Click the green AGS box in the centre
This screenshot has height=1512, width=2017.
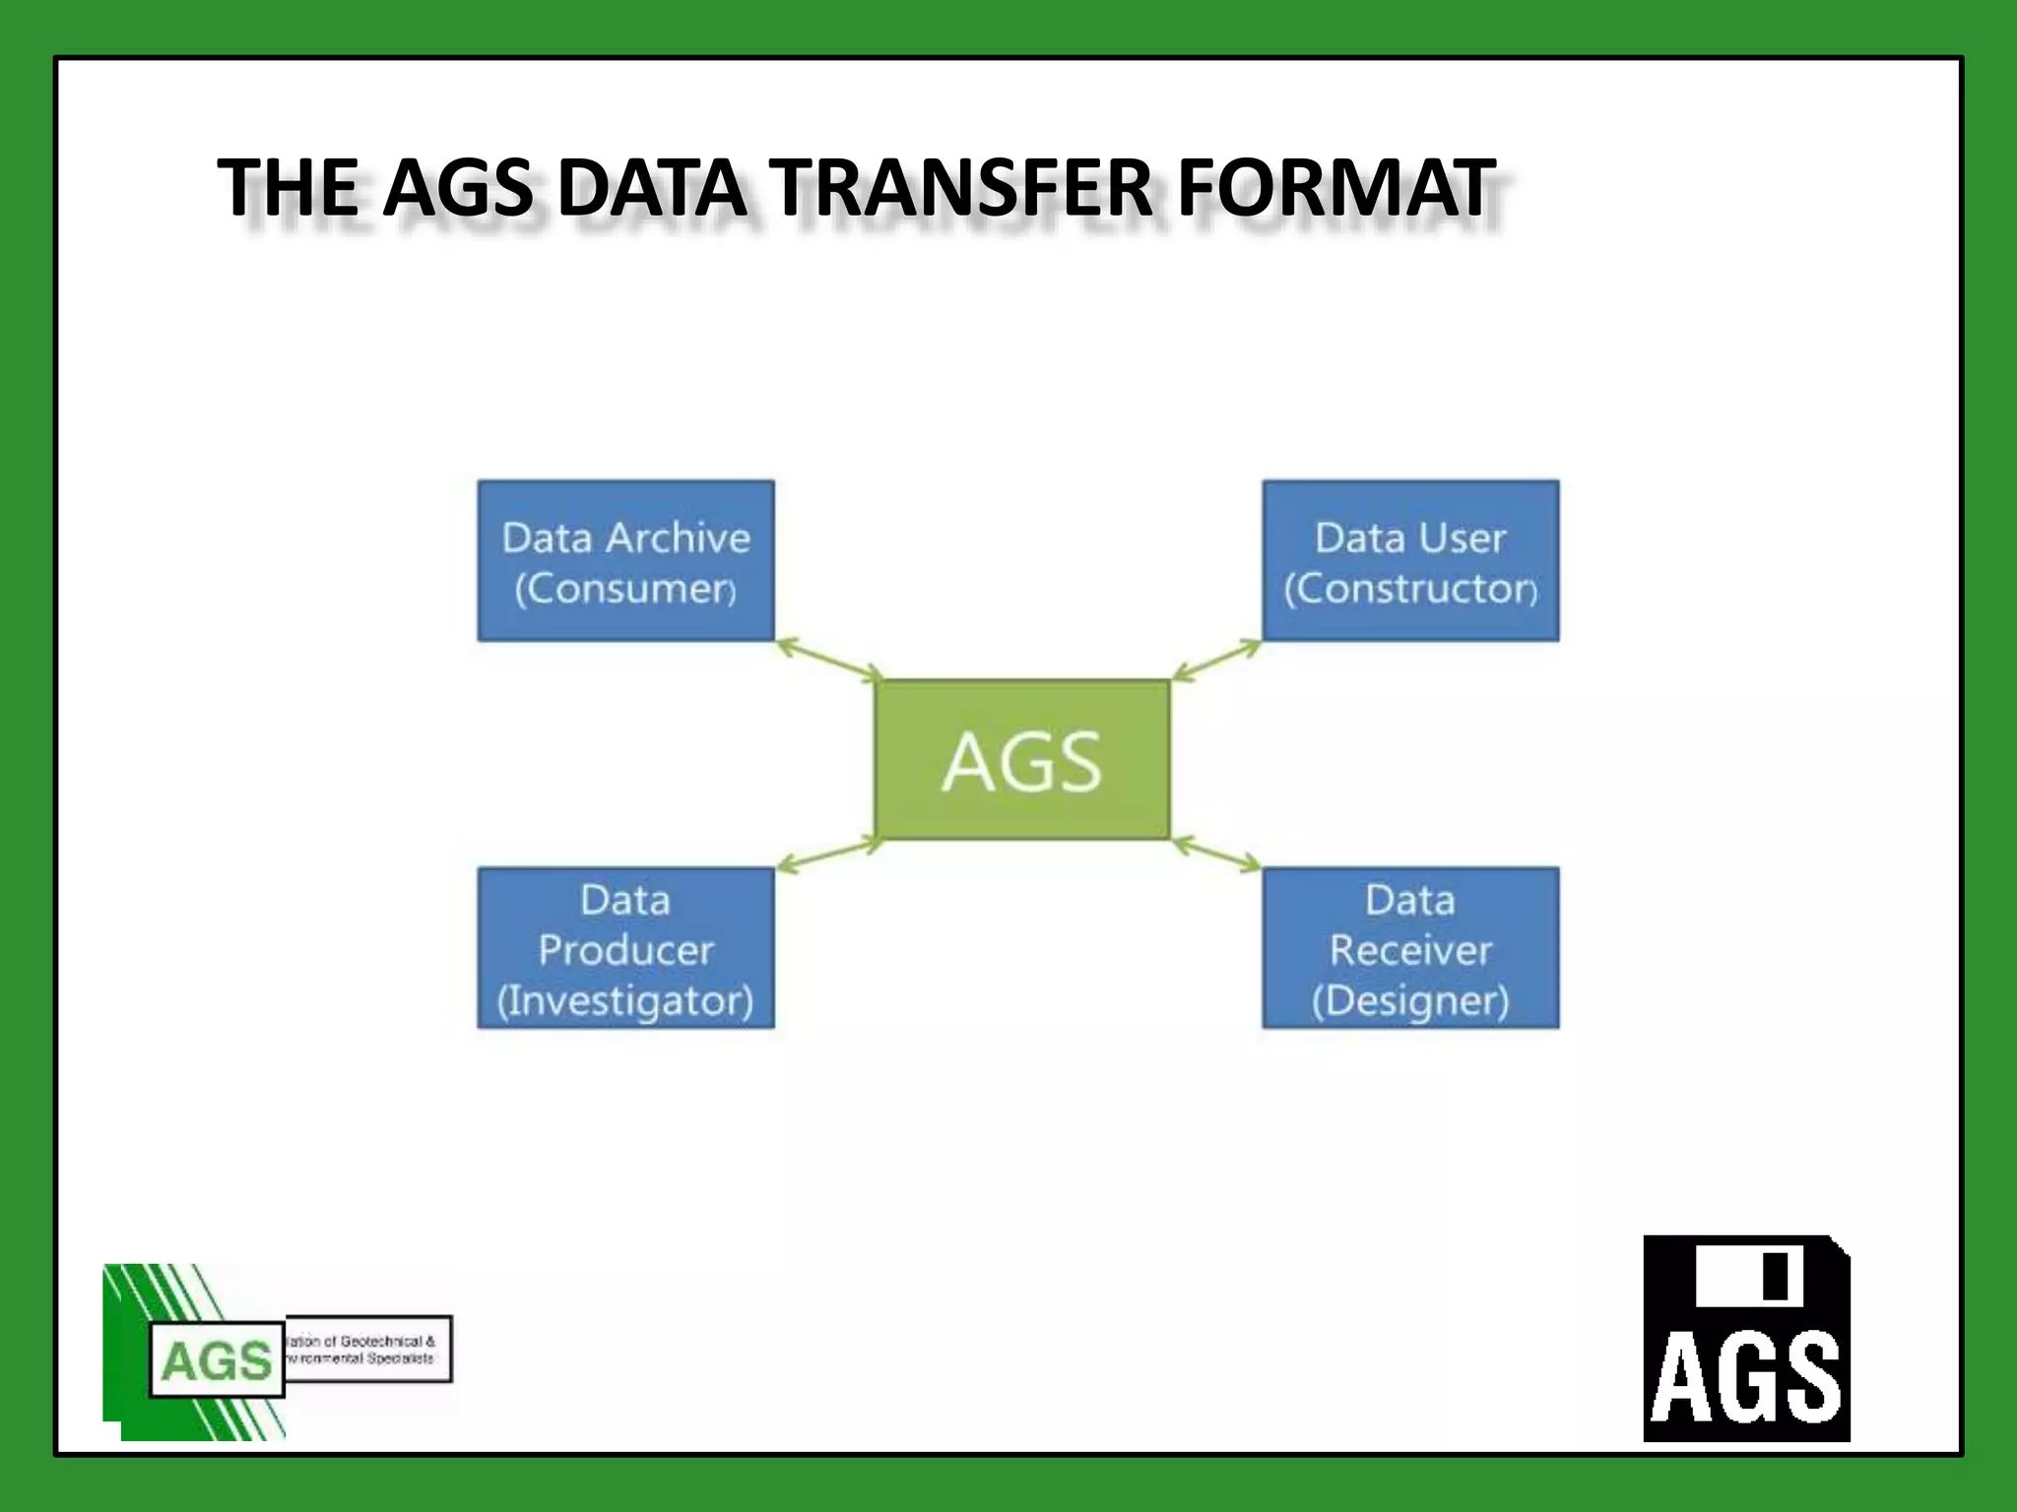tap(1021, 760)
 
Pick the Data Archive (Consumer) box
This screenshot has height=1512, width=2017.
tap(625, 561)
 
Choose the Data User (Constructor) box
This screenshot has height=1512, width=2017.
tap(1410, 561)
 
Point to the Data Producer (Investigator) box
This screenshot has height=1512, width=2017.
tap(625, 948)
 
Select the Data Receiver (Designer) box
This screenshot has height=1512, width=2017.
tap(1410, 948)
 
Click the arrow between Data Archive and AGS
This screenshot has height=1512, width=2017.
tap(829, 660)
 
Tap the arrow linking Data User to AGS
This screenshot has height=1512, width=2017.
tap(1216, 660)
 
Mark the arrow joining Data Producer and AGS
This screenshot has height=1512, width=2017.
tap(829, 854)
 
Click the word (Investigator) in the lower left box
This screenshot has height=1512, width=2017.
tap(625, 1000)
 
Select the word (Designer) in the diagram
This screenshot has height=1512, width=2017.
tap(1410, 1000)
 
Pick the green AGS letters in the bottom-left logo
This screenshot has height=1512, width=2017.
tap(217, 1360)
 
